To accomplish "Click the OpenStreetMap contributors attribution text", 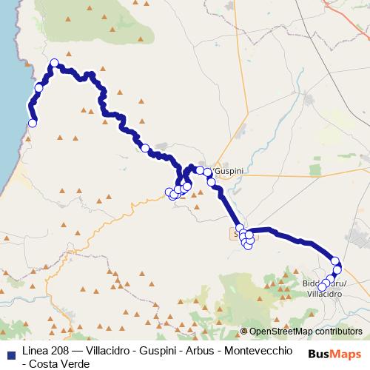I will tap(301, 332).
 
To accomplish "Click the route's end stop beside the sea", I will tap(32, 124).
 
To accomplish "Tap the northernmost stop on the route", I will tap(54, 63).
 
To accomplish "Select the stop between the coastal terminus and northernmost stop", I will tap(38, 88).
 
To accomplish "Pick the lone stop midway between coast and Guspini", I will tap(145, 147).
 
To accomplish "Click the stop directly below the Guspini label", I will tap(211, 181).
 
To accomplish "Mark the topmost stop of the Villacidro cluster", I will tap(335, 260).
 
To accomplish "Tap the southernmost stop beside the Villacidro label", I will tap(322, 288).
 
